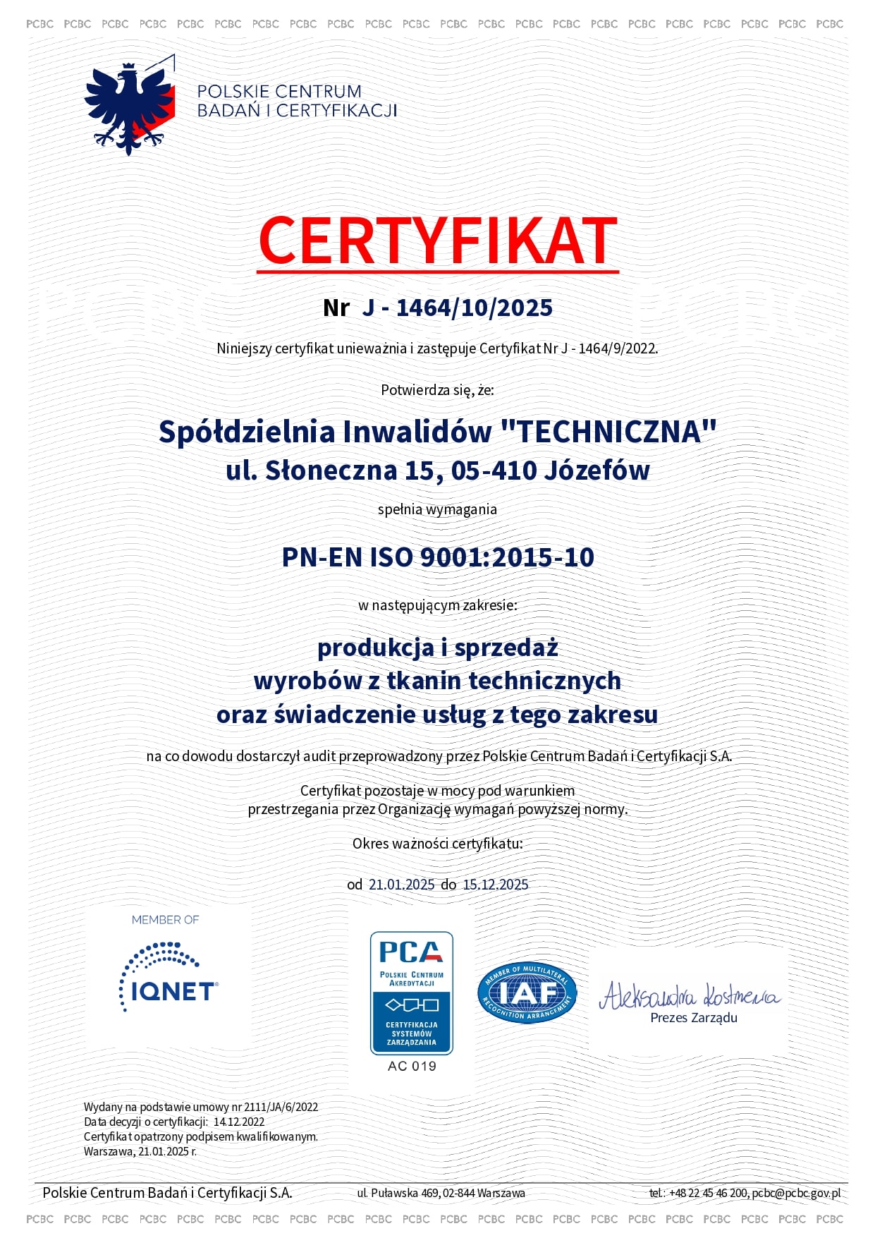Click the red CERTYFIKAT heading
click(438, 241)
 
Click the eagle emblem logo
click(130, 106)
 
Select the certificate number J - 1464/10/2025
click(457, 308)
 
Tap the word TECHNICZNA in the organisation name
click(608, 432)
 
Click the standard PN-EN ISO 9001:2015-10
click(438, 557)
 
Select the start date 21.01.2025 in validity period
click(401, 885)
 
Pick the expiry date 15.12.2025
click(495, 885)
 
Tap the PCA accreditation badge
click(412, 993)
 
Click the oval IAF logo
click(527, 993)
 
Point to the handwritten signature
click(689, 995)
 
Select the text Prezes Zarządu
click(694, 1018)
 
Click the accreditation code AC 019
click(412, 1066)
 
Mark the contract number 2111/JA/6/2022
click(281, 1107)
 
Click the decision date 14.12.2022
click(239, 1122)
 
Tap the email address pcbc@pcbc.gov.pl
click(796, 1193)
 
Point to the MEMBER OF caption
click(165, 920)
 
